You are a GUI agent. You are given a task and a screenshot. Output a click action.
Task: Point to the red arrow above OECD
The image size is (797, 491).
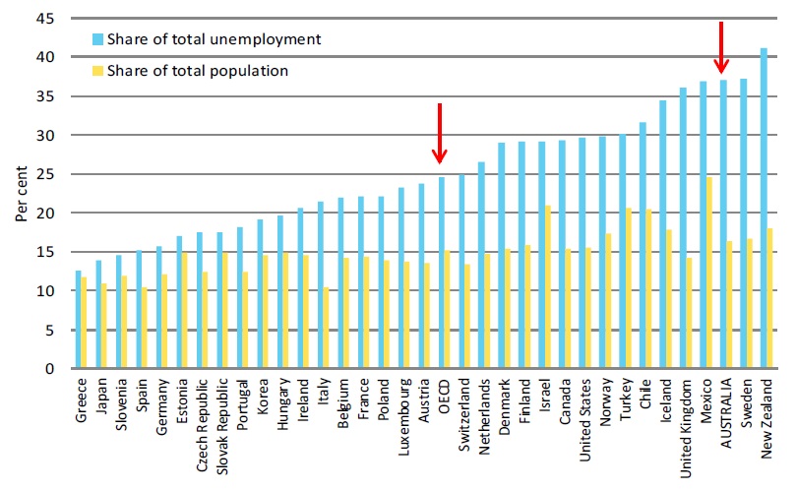pos(440,133)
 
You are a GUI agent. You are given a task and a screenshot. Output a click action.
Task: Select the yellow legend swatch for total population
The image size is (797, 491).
pos(96,71)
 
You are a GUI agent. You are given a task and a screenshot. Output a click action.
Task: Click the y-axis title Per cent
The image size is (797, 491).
pos(22,194)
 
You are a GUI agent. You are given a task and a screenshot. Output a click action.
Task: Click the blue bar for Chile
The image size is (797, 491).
pos(643,245)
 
